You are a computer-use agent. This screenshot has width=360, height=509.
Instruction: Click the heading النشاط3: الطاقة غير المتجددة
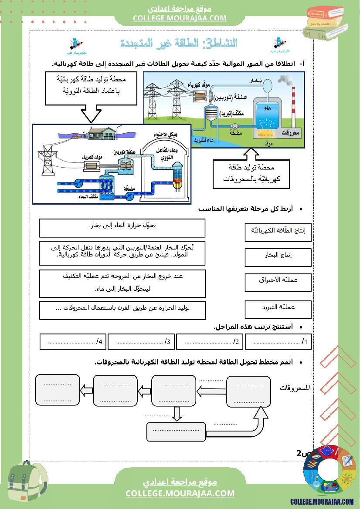(x=179, y=44)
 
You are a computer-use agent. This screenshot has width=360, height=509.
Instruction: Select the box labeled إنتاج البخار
(x=278, y=256)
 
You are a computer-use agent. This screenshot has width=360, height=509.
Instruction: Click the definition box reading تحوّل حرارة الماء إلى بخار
(x=122, y=227)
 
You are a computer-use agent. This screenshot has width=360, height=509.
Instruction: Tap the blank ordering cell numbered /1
(x=278, y=342)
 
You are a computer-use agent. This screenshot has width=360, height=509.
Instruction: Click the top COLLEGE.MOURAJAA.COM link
(x=180, y=18)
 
